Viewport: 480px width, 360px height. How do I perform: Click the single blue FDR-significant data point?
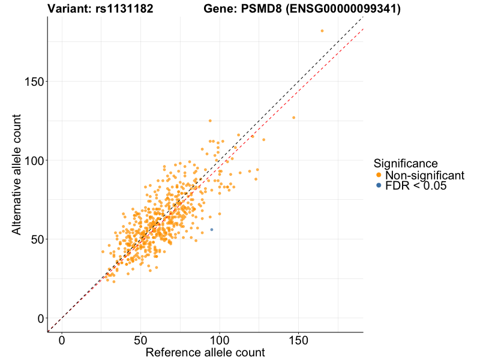click(x=211, y=230)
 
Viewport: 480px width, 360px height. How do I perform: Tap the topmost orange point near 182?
click(x=322, y=31)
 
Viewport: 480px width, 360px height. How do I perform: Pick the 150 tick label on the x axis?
click(x=298, y=340)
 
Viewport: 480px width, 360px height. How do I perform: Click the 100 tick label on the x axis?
click(x=220, y=340)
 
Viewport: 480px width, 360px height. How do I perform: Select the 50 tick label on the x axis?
click(x=141, y=340)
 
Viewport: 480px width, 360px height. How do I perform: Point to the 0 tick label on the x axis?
click(x=62, y=340)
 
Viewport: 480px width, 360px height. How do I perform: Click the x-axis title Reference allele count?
click(x=205, y=352)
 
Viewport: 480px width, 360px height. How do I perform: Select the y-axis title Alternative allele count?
click(x=17, y=174)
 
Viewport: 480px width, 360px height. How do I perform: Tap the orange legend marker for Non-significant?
click(x=378, y=175)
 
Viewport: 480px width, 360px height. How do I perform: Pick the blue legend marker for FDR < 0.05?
click(x=378, y=186)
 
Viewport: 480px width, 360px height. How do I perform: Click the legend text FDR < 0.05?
click(x=416, y=186)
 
